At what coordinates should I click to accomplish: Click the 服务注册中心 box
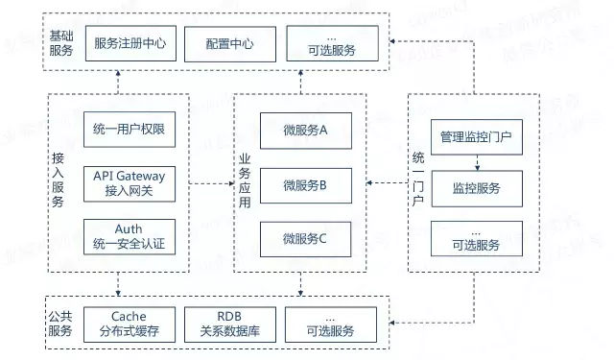(x=130, y=43)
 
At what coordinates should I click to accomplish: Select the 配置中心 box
(x=230, y=43)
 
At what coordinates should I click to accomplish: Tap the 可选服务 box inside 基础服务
(x=332, y=43)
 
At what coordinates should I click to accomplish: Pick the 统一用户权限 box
(x=130, y=130)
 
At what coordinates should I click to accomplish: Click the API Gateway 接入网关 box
(x=130, y=182)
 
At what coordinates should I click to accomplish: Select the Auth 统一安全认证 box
(x=130, y=236)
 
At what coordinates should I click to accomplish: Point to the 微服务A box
(x=305, y=130)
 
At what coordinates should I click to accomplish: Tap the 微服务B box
(x=305, y=183)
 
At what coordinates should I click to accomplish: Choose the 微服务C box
(x=305, y=236)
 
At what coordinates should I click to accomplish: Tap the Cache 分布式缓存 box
(x=130, y=324)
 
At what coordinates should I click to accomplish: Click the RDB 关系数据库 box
(x=230, y=324)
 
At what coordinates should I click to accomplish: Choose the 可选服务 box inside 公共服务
(x=332, y=324)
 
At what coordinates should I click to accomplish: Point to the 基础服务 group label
(x=60, y=42)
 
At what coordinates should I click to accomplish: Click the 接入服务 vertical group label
(x=60, y=182)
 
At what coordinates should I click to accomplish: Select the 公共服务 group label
(x=60, y=324)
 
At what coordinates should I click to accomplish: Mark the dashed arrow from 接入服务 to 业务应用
(x=211, y=182)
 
